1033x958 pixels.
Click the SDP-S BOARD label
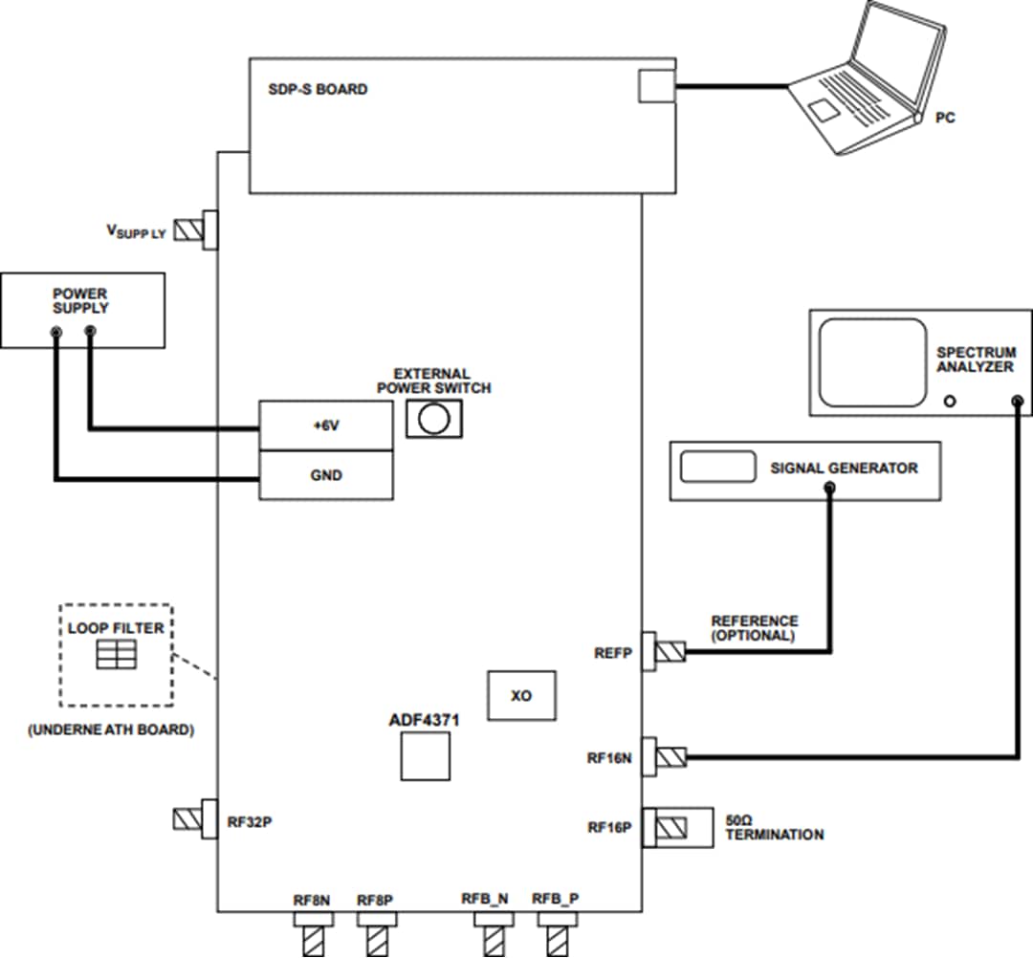click(x=318, y=90)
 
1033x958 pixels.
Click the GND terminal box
click(x=326, y=475)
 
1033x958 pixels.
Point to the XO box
click(x=521, y=695)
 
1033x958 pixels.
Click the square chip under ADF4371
click(x=425, y=760)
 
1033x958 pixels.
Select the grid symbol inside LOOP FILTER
click(x=116, y=654)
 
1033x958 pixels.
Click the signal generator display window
click(x=716, y=468)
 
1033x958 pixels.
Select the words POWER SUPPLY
click(x=80, y=300)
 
